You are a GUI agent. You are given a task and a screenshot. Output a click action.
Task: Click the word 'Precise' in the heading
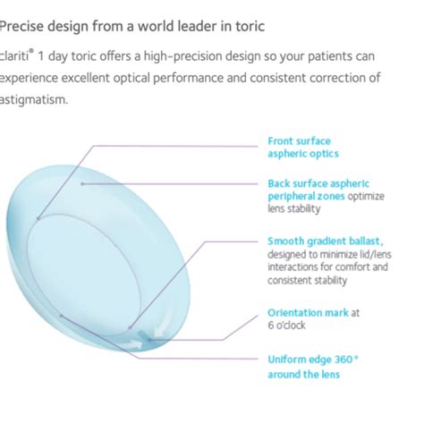click(21, 26)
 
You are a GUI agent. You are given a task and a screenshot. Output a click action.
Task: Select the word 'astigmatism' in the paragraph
click(34, 99)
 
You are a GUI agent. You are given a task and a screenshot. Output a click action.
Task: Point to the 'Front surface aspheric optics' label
click(303, 148)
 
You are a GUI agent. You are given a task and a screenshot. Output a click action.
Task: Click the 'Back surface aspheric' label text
click(318, 183)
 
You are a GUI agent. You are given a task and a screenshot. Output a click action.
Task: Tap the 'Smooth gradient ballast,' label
click(325, 241)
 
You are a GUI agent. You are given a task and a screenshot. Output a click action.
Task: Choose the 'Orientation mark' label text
click(308, 312)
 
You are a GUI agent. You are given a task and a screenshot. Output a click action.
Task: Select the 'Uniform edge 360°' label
click(312, 360)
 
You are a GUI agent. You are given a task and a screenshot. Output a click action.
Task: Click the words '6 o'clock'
click(286, 325)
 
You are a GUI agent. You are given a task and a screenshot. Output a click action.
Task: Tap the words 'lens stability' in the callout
click(293, 208)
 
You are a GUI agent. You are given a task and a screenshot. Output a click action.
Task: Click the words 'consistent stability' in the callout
click(307, 280)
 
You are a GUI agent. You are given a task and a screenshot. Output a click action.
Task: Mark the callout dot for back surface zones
click(82, 184)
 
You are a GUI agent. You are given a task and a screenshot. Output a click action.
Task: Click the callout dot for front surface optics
click(38, 218)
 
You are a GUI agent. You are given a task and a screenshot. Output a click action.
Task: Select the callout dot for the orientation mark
click(149, 339)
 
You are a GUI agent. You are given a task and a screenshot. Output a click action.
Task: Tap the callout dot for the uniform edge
click(61, 315)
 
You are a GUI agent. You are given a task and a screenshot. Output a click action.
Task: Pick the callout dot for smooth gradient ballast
click(130, 327)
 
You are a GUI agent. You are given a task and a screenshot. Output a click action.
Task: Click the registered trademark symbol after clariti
click(31, 51)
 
